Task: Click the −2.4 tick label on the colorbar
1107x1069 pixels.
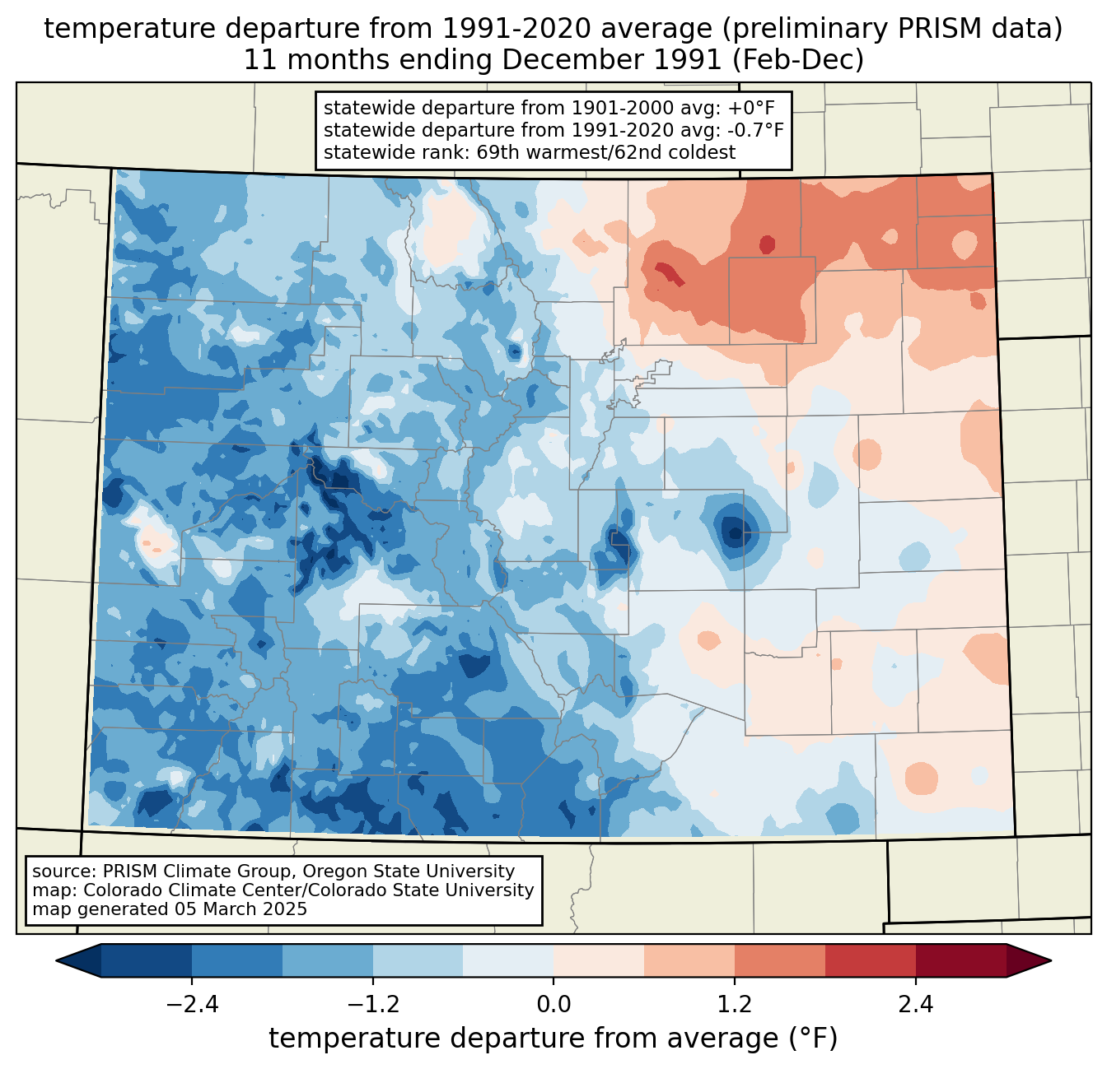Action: point(192,1004)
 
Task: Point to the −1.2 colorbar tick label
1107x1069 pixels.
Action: point(373,1004)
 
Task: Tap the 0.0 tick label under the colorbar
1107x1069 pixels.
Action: point(553,1004)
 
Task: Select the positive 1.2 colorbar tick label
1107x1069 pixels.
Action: point(735,1004)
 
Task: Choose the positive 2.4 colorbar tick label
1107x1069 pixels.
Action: point(916,1004)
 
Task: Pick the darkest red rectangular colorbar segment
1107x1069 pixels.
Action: point(961,960)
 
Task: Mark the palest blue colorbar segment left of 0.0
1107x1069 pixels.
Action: point(508,960)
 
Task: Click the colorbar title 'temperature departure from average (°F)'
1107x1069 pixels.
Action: point(553,1038)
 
